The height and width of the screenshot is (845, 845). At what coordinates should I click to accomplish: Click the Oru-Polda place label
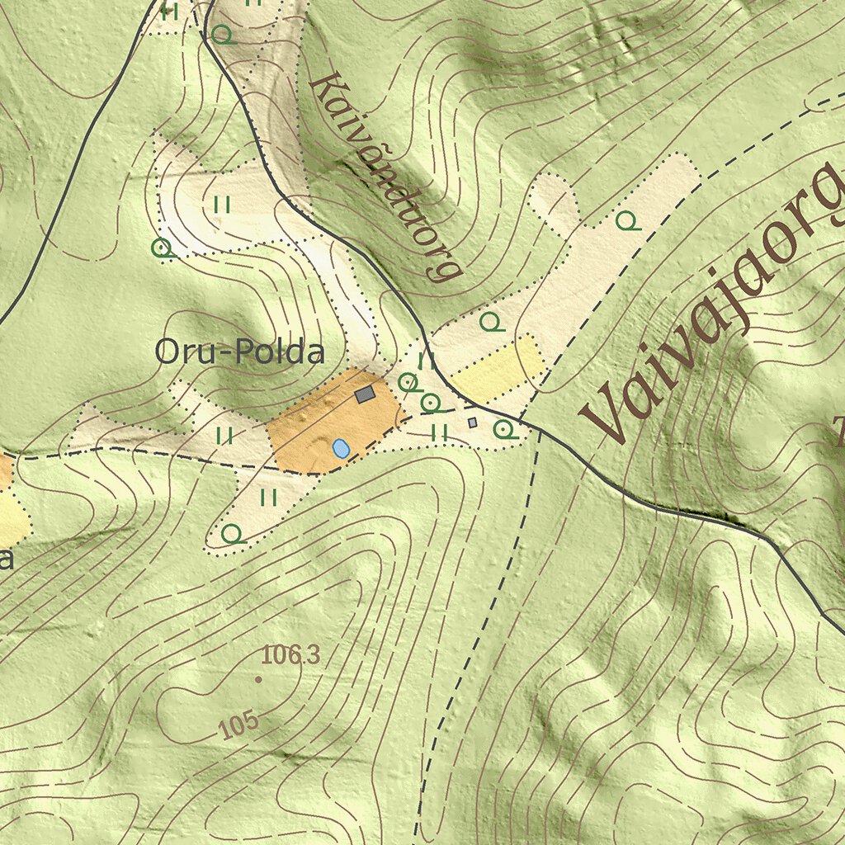coord(239,353)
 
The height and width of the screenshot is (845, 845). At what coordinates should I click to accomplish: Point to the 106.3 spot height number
coord(290,656)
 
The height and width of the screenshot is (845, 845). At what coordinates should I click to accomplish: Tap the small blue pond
coord(340,448)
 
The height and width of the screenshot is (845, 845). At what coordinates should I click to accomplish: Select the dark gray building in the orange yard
coord(365,395)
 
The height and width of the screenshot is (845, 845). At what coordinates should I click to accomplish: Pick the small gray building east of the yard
coord(472,422)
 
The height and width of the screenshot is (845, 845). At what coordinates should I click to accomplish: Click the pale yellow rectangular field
coord(498,368)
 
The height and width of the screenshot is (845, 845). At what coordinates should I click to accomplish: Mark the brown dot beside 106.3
coord(259,679)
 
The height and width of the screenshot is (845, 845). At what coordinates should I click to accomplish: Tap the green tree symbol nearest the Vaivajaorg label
coord(628,220)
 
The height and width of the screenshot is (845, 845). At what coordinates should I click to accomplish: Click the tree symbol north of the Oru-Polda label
coord(162,248)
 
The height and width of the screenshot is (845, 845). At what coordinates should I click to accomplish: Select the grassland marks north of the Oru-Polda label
coord(221,205)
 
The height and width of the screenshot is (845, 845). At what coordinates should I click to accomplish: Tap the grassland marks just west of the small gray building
coord(440,432)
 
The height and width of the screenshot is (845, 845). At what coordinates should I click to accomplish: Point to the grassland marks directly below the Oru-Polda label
coord(224,434)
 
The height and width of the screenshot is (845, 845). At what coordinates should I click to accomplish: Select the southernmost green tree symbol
coord(233,533)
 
